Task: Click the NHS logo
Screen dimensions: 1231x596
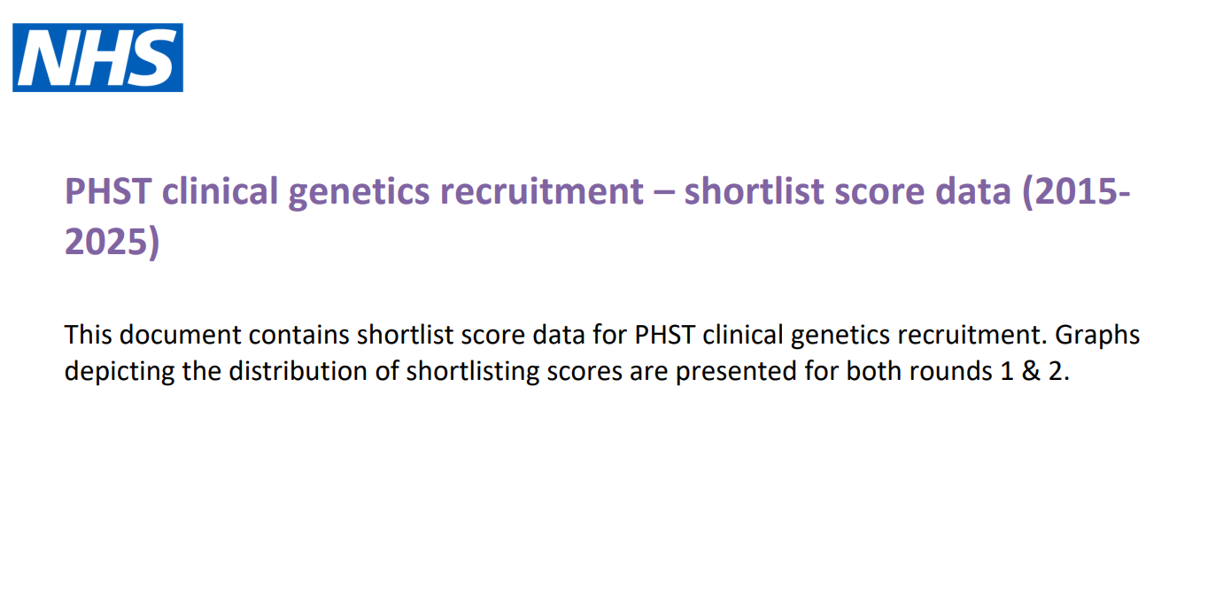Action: click(x=97, y=58)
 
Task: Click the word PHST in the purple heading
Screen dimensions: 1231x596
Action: click(x=108, y=191)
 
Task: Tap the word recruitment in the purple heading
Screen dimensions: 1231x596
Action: click(x=542, y=191)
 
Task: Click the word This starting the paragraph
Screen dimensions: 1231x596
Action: click(x=88, y=335)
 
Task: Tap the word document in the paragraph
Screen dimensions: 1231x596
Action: click(x=181, y=335)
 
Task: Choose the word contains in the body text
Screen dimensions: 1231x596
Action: click(x=299, y=335)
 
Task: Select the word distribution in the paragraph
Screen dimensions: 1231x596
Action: click(x=298, y=371)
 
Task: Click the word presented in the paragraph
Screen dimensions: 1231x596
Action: click(x=736, y=372)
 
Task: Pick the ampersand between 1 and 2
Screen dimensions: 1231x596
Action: click(x=1031, y=371)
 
